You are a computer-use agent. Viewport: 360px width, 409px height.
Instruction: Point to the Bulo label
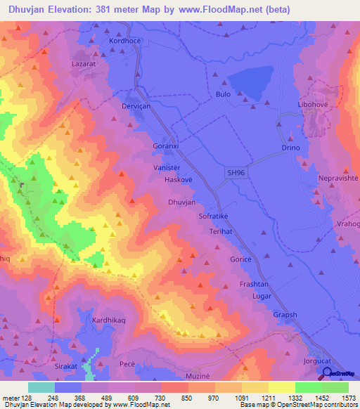tap(223, 93)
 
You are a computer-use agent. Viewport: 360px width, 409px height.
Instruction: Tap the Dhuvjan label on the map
tap(181, 202)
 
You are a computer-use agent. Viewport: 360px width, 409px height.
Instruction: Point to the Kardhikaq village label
tap(109, 320)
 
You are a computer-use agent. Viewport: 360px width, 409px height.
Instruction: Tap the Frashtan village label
tap(255, 284)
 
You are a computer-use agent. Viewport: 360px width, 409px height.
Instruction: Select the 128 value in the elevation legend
tap(27, 398)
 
